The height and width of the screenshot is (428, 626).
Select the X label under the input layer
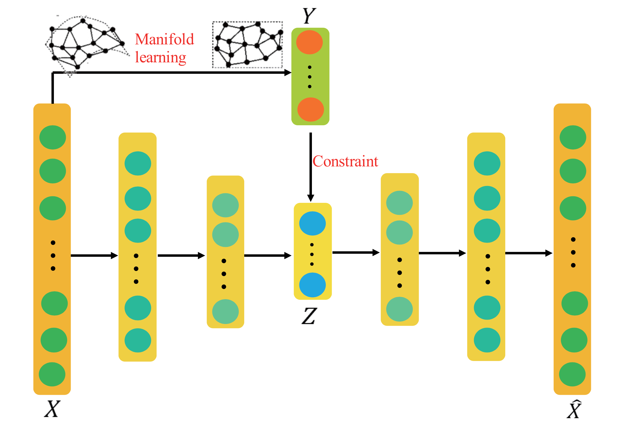pyautogui.click(x=52, y=409)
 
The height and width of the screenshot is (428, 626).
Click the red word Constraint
pyautogui.click(x=345, y=161)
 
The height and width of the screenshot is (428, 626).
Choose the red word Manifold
pyautogui.click(x=164, y=39)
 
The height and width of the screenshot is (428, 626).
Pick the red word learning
pyautogui.click(x=160, y=58)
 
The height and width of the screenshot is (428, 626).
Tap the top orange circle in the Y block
pyautogui.click(x=309, y=42)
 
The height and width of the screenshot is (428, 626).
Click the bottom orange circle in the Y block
pyautogui.click(x=311, y=109)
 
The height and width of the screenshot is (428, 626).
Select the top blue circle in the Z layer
pyautogui.click(x=312, y=224)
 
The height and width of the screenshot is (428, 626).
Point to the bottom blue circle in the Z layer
pyautogui.click(x=312, y=285)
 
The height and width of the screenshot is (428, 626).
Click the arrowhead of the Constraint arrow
pyautogui.click(x=311, y=198)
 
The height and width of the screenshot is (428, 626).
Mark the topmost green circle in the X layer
pyautogui.click(x=52, y=137)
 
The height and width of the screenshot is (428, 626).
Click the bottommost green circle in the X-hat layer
pyautogui.click(x=572, y=374)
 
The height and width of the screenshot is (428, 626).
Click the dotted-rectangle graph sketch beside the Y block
pyautogui.click(x=247, y=45)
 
